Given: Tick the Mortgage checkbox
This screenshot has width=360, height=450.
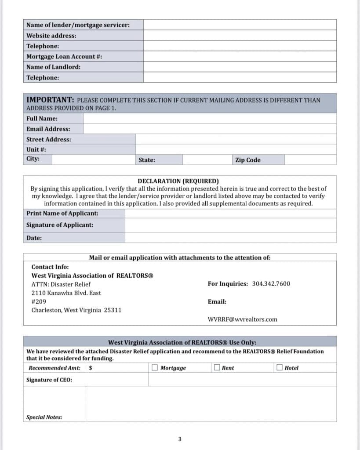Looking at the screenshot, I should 155,367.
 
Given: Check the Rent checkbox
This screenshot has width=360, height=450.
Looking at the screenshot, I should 217,367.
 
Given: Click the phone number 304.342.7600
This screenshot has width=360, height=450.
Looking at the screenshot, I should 271,284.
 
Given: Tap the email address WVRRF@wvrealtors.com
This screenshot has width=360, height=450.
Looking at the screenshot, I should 242,319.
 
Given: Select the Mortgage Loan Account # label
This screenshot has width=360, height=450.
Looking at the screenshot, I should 64,57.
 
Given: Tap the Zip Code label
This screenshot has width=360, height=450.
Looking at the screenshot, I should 248,160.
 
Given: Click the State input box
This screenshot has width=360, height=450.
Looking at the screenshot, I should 207,160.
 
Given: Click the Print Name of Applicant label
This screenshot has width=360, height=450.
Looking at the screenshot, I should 62,214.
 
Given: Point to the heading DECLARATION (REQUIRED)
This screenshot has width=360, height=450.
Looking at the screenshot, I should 178,181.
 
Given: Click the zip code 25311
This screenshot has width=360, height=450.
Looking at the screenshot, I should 113,310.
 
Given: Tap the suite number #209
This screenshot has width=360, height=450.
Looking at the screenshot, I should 39,302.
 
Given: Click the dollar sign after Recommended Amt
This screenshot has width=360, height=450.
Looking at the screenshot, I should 91,368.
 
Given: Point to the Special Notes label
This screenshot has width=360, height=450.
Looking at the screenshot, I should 44,417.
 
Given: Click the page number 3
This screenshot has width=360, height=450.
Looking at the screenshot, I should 180,439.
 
